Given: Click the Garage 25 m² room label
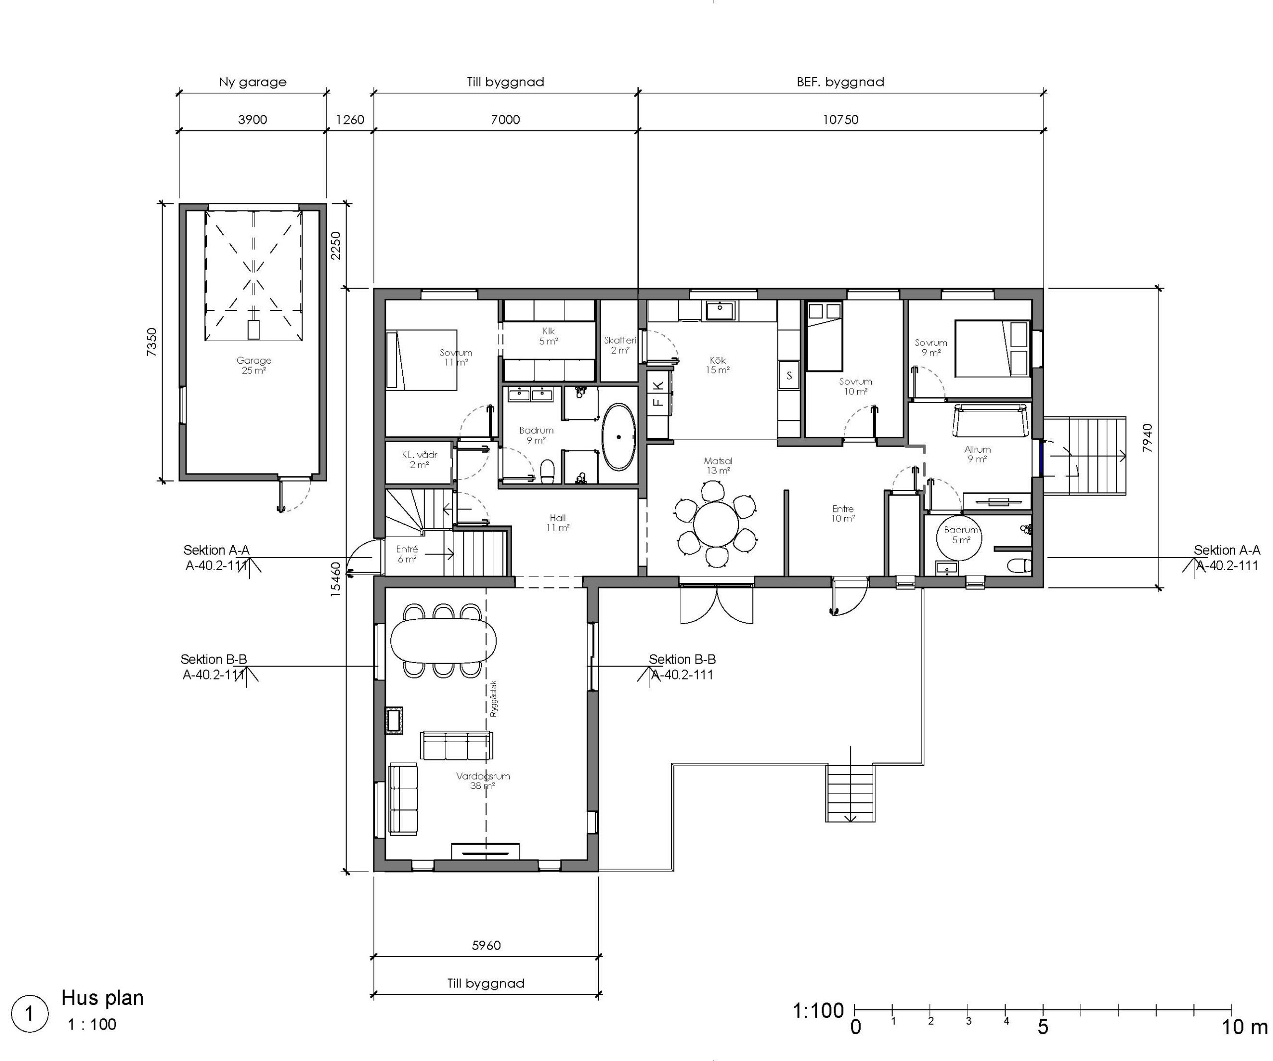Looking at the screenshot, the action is [x=254, y=365].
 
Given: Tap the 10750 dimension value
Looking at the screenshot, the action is [x=840, y=119].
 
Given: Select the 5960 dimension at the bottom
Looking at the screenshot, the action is [x=486, y=945].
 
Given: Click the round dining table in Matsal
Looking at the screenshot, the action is [x=716, y=524].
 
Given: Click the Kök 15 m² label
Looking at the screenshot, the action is [x=718, y=365].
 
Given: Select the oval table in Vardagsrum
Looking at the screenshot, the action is [x=443, y=640].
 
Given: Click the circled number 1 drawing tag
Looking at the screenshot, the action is [x=30, y=1013].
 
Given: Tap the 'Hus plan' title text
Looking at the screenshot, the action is [x=102, y=998].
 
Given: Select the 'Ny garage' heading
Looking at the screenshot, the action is [x=253, y=82].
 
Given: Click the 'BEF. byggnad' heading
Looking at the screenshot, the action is [x=840, y=82].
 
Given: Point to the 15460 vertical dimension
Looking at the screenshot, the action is [x=335, y=579].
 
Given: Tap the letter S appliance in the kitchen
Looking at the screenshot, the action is [x=789, y=375].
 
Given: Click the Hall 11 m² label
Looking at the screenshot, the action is [x=558, y=523].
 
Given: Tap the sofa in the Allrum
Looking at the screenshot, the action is [x=991, y=421].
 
